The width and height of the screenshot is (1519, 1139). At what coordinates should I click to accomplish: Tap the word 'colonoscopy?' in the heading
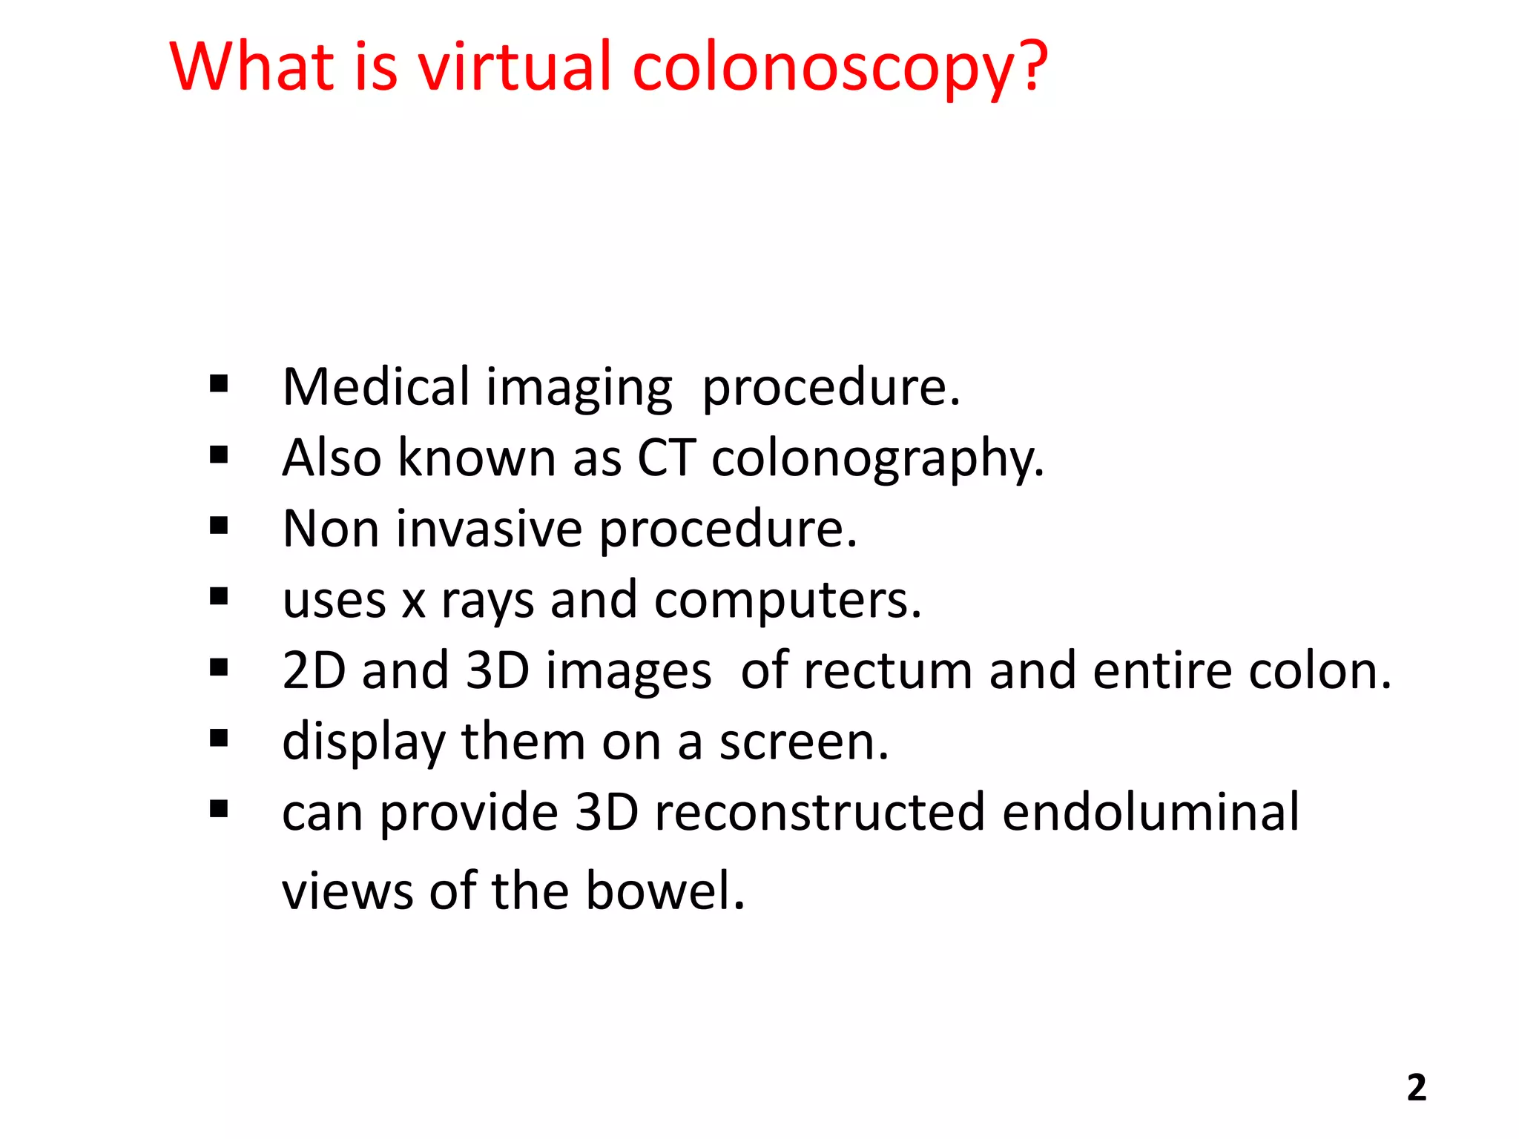(840, 70)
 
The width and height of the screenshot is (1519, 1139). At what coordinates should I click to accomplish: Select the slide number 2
(1416, 1088)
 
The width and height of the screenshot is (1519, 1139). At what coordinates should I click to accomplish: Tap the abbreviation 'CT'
(666, 458)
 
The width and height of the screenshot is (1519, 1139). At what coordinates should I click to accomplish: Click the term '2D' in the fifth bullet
(314, 670)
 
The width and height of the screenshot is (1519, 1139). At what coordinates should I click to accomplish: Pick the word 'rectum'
(888, 670)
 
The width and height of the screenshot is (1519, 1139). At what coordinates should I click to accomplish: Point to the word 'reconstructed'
(820, 812)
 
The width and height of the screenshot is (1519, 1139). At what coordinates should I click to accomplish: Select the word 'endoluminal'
(1150, 812)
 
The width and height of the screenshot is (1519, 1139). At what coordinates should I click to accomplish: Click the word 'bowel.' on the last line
(665, 890)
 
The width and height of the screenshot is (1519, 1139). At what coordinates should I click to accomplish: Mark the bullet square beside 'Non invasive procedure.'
(219, 526)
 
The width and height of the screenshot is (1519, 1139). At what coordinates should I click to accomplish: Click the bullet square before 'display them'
(219, 739)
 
